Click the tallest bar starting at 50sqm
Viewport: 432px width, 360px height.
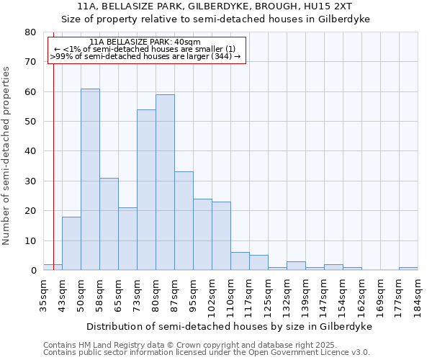(90, 179)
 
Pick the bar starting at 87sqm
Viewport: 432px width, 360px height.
(184, 220)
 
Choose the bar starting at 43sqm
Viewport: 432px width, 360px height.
(71, 243)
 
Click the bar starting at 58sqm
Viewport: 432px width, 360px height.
(109, 224)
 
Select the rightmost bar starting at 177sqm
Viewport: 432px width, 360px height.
(408, 269)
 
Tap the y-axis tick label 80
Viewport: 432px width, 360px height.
(30, 32)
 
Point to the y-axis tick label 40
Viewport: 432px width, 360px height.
(30, 151)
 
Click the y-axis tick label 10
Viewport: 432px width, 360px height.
(30, 240)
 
